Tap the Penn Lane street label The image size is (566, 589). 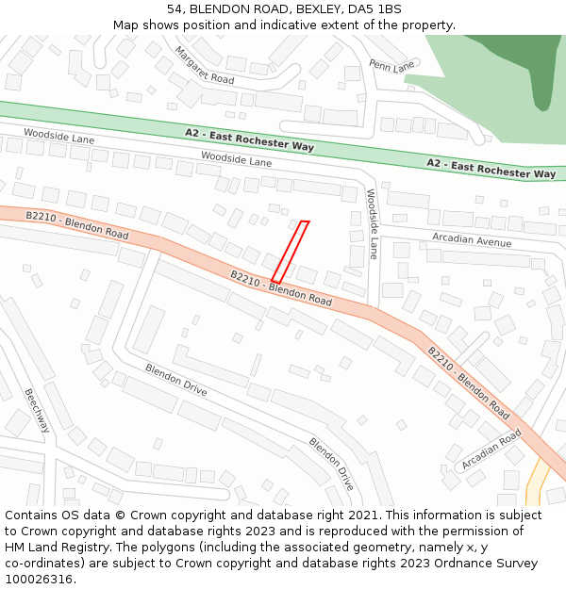coord(391,66)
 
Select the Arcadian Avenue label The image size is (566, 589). coord(472,240)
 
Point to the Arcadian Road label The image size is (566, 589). coord(491,450)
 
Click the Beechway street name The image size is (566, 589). coord(37,410)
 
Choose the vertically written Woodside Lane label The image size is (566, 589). coord(372,223)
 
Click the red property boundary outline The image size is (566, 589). coord(290,252)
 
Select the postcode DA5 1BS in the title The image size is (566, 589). coord(375,9)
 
